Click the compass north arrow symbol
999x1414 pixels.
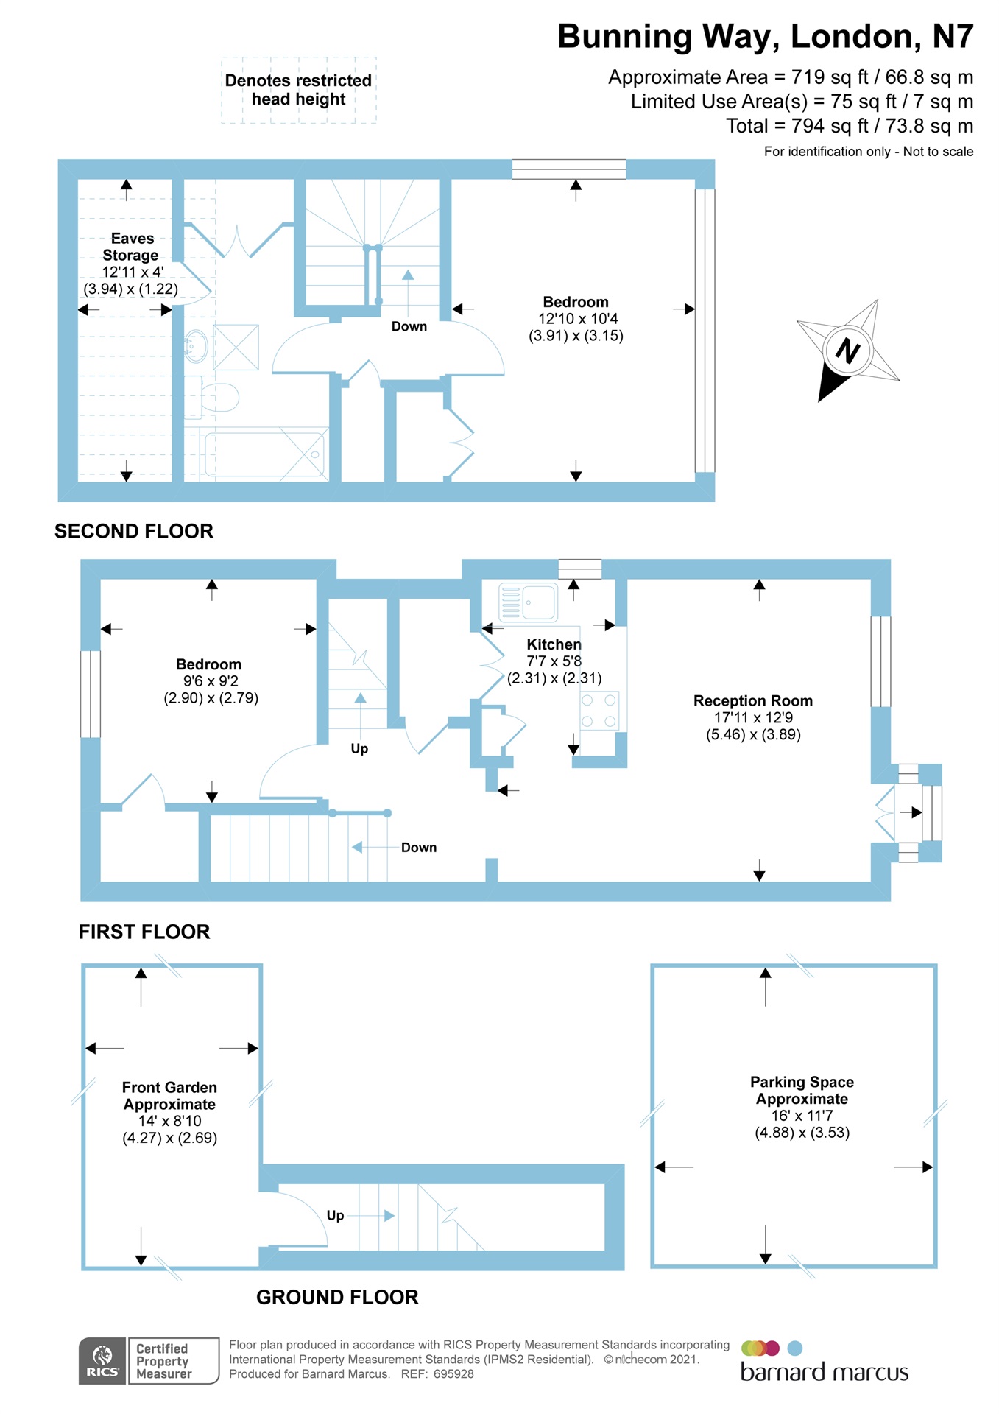[x=847, y=351]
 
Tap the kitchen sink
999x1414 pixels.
[x=528, y=602]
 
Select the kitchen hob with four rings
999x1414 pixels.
[x=599, y=711]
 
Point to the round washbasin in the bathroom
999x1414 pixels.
[x=196, y=345]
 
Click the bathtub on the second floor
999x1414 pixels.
[x=264, y=454]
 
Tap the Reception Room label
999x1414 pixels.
[x=752, y=700]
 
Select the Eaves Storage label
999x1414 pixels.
[x=131, y=247]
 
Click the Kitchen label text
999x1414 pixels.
[x=554, y=644]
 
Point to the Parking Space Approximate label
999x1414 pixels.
[x=802, y=1090]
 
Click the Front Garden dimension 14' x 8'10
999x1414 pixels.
[x=169, y=1121]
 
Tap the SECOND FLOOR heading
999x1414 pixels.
[x=134, y=531]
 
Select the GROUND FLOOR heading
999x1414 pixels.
[x=337, y=1297]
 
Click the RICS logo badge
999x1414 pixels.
[x=102, y=1360]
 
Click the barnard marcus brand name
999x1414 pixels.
[x=824, y=1372]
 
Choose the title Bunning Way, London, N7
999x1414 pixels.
[x=765, y=37]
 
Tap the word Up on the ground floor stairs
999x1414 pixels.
[x=335, y=1215]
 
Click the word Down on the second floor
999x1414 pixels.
[x=409, y=326]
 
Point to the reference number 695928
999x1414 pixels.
[x=453, y=1374]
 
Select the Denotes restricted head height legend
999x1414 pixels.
[x=298, y=90]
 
